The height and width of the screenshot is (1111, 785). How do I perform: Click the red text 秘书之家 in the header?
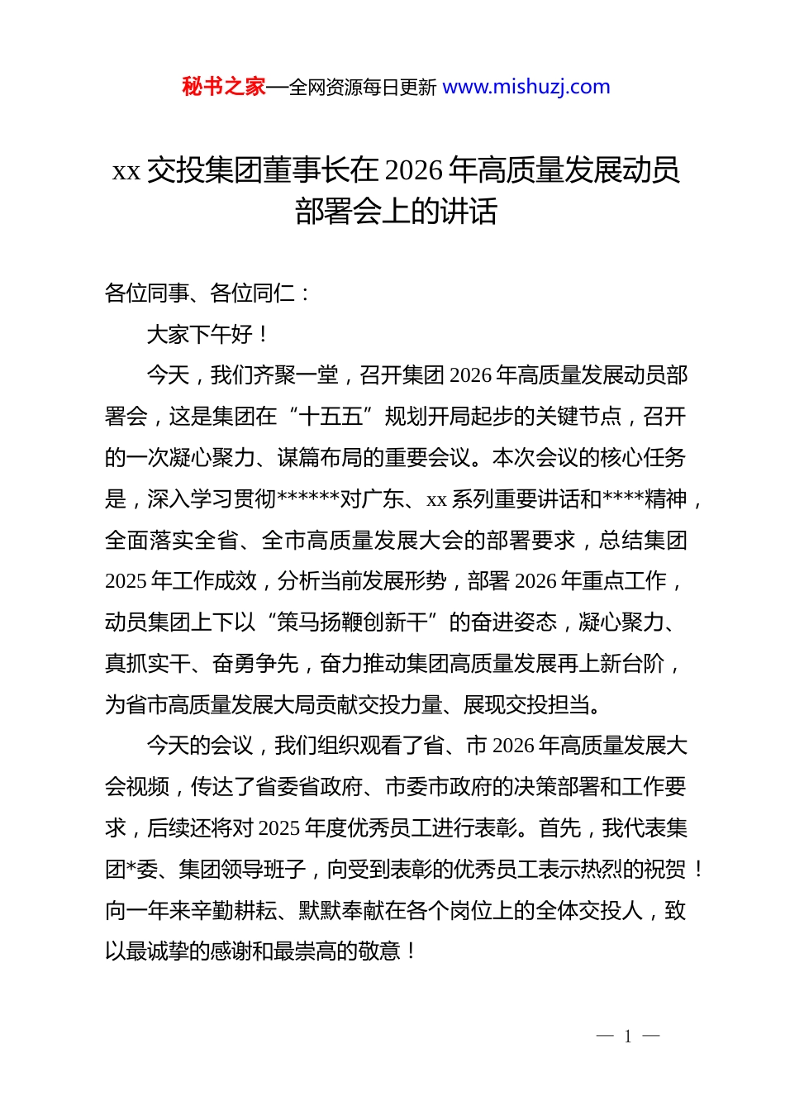pos(224,87)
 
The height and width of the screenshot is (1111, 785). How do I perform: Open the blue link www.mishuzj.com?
pos(526,87)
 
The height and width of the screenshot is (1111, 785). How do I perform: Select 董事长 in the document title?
pos(292,170)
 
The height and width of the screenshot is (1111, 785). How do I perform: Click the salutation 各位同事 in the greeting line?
pos(147,293)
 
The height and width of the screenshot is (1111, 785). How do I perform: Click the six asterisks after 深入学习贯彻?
pos(308,498)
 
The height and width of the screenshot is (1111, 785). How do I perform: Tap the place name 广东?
pos(383,499)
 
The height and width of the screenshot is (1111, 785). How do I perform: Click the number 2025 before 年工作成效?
pos(126,581)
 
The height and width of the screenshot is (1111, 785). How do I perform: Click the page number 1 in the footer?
pos(628,1037)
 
